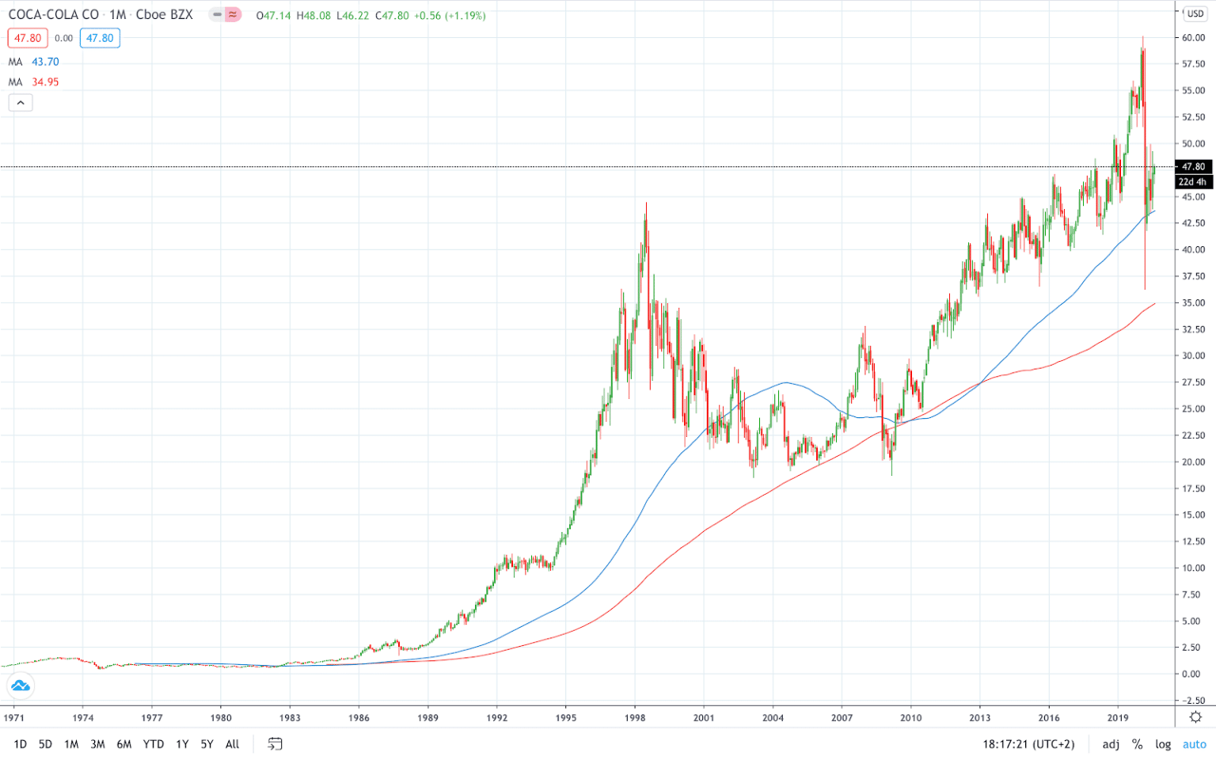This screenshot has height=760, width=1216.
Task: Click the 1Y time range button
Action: (x=182, y=744)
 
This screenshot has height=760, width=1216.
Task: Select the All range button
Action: (x=232, y=744)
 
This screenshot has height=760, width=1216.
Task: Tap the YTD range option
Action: (x=154, y=744)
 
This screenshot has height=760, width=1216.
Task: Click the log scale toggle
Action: (x=1163, y=744)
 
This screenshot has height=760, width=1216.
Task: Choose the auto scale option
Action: (x=1194, y=744)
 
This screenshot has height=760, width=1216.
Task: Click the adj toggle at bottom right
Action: (x=1111, y=744)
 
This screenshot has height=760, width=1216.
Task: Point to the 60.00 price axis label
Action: (x=1193, y=38)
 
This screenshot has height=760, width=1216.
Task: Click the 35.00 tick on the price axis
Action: (x=1193, y=302)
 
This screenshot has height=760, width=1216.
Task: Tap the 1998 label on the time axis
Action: (x=634, y=718)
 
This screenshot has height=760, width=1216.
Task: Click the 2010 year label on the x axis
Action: (x=910, y=718)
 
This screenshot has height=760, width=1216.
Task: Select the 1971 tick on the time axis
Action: (x=13, y=718)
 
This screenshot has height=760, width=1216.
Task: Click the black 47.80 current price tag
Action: (x=1193, y=167)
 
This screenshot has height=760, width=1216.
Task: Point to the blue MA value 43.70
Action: (x=45, y=62)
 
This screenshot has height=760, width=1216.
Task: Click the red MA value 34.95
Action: (x=45, y=82)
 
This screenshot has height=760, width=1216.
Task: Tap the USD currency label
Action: (x=1195, y=13)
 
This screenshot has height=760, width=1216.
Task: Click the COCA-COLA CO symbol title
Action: (x=54, y=15)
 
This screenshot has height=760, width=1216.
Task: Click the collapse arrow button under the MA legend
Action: (x=21, y=103)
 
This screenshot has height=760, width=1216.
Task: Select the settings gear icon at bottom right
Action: (x=1195, y=716)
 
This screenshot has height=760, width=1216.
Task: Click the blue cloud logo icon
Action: (x=20, y=686)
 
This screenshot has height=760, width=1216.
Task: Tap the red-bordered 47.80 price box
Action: (x=28, y=38)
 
